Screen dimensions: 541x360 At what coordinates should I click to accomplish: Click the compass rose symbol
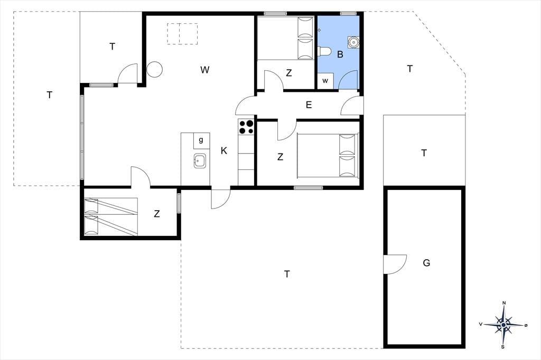coord(503,325)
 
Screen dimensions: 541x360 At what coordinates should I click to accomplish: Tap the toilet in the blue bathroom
coord(324,52)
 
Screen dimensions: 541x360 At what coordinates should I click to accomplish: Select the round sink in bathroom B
coord(353,42)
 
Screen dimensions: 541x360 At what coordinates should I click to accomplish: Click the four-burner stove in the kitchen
coord(246,127)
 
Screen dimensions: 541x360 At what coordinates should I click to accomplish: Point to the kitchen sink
coord(200,160)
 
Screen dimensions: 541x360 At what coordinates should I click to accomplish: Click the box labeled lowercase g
coord(201,140)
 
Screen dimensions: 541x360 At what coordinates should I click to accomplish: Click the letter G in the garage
coord(426,263)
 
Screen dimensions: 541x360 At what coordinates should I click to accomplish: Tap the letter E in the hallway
coord(309,105)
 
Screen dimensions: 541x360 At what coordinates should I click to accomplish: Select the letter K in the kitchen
coord(224,150)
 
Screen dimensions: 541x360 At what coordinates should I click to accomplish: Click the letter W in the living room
coord(204,70)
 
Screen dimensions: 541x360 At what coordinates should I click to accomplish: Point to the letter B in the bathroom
coord(340,54)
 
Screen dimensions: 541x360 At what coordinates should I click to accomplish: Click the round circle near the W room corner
coord(155,70)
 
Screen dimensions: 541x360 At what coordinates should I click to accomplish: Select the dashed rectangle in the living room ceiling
coord(182,34)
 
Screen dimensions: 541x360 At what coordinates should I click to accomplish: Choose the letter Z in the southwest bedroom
coord(157,214)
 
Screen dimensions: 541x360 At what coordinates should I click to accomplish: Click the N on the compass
coord(504,303)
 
